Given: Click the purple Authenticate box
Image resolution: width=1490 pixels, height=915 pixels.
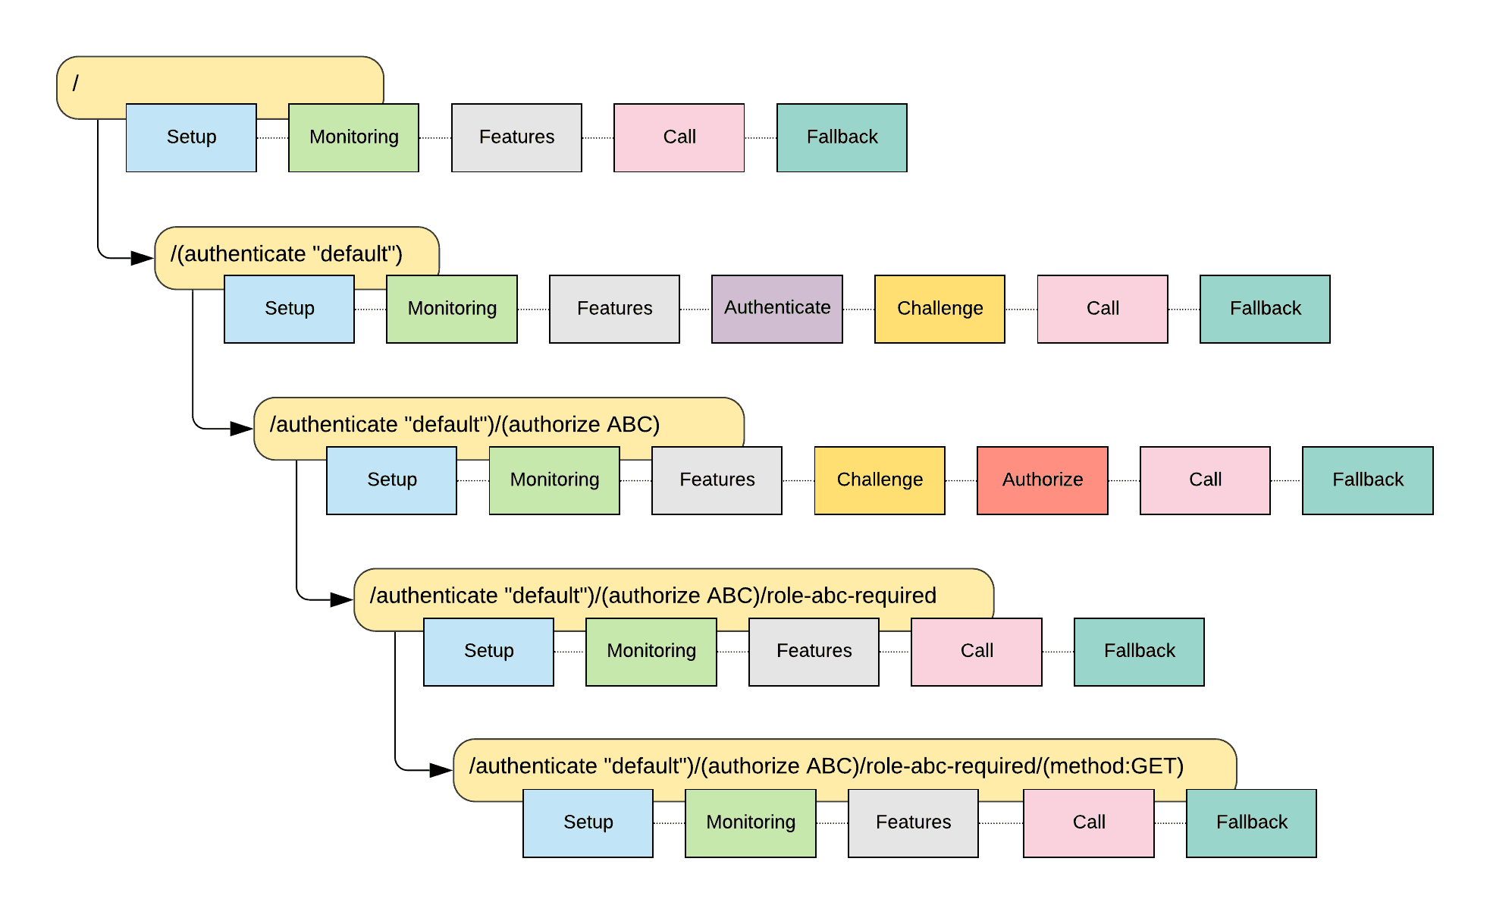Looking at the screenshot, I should click(x=776, y=309).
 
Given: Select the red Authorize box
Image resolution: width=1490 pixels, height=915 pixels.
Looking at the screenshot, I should click(x=1042, y=480).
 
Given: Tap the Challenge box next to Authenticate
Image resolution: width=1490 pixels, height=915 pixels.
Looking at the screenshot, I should click(x=939, y=309).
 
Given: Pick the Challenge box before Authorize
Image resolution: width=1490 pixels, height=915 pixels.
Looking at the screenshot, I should click(x=880, y=480).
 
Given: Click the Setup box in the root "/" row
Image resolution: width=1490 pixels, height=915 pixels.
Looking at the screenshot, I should click(x=191, y=137).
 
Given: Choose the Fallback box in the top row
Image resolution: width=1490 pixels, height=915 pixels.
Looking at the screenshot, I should click(x=842, y=137).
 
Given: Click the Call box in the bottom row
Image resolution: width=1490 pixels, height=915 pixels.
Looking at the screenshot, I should click(x=1088, y=822).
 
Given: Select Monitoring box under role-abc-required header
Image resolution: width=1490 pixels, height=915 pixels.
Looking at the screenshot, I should click(x=651, y=652).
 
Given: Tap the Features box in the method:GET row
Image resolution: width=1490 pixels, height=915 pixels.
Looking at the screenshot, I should click(x=913, y=822).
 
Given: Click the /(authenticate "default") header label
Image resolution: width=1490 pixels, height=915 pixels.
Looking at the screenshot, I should click(x=287, y=254).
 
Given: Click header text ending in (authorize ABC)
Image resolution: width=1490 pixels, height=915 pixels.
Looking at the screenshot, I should click(x=464, y=425).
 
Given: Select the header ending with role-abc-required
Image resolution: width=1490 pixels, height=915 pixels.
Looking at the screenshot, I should click(x=653, y=596).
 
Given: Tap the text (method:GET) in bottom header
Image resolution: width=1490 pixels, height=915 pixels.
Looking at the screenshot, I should click(x=1112, y=766).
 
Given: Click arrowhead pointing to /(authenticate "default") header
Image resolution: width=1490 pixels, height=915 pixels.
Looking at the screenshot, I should click(x=143, y=258).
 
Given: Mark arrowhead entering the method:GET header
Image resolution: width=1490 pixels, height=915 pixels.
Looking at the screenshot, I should click(x=441, y=770).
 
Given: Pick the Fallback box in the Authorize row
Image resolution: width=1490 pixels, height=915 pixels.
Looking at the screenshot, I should click(x=1367, y=480).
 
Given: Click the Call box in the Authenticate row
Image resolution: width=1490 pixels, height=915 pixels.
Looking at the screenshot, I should click(x=1102, y=309).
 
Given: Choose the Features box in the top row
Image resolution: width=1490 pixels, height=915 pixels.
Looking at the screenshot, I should click(x=516, y=137).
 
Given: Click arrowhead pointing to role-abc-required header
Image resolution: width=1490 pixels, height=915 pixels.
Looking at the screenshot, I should click(x=341, y=599).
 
